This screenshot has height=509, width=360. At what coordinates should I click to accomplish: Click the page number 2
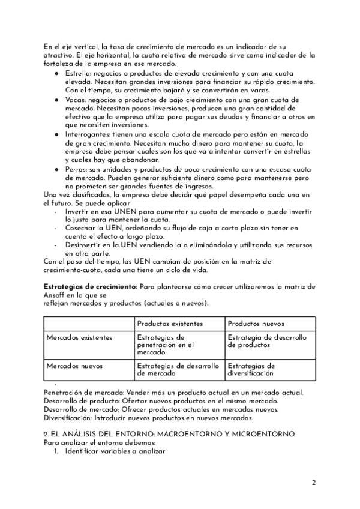[313, 482]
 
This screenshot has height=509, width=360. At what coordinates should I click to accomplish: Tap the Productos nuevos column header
[256, 324]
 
